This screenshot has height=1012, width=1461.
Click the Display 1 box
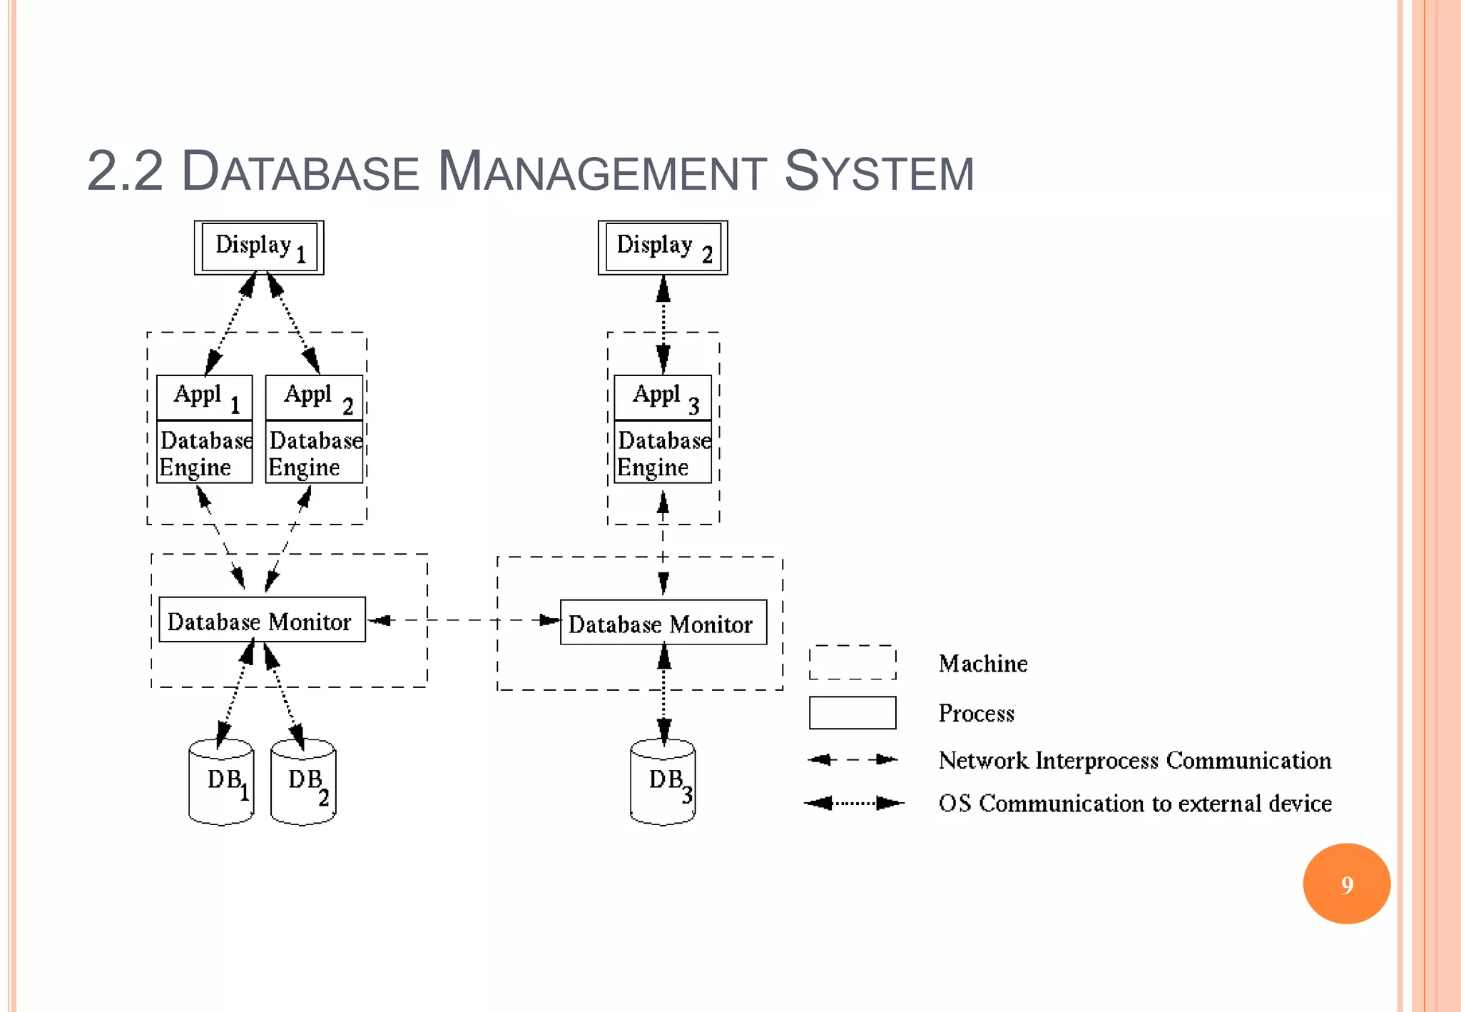259,247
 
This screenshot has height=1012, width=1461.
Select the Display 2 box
663,247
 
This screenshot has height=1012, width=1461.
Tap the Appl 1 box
204,398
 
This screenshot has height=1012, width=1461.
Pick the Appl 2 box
314,398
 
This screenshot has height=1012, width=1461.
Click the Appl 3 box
663,398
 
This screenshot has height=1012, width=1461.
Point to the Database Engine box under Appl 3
663,452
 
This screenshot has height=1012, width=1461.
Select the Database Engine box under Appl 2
314,452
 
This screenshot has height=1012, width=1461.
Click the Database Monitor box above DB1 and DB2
262,619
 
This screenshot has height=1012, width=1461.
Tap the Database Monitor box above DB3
663,622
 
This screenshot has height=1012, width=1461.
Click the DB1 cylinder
221,784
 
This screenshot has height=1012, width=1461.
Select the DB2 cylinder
303,784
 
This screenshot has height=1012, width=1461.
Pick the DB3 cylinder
663,784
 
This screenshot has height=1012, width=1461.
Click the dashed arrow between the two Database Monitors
464,620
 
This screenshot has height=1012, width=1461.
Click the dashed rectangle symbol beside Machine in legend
852,662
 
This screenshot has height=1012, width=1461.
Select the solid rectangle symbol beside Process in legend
852,712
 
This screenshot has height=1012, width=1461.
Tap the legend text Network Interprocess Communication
1134,760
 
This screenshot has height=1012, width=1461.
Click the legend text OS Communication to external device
1134,803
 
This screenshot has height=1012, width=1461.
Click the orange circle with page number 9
1346,884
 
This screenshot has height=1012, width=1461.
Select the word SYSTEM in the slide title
879,172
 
